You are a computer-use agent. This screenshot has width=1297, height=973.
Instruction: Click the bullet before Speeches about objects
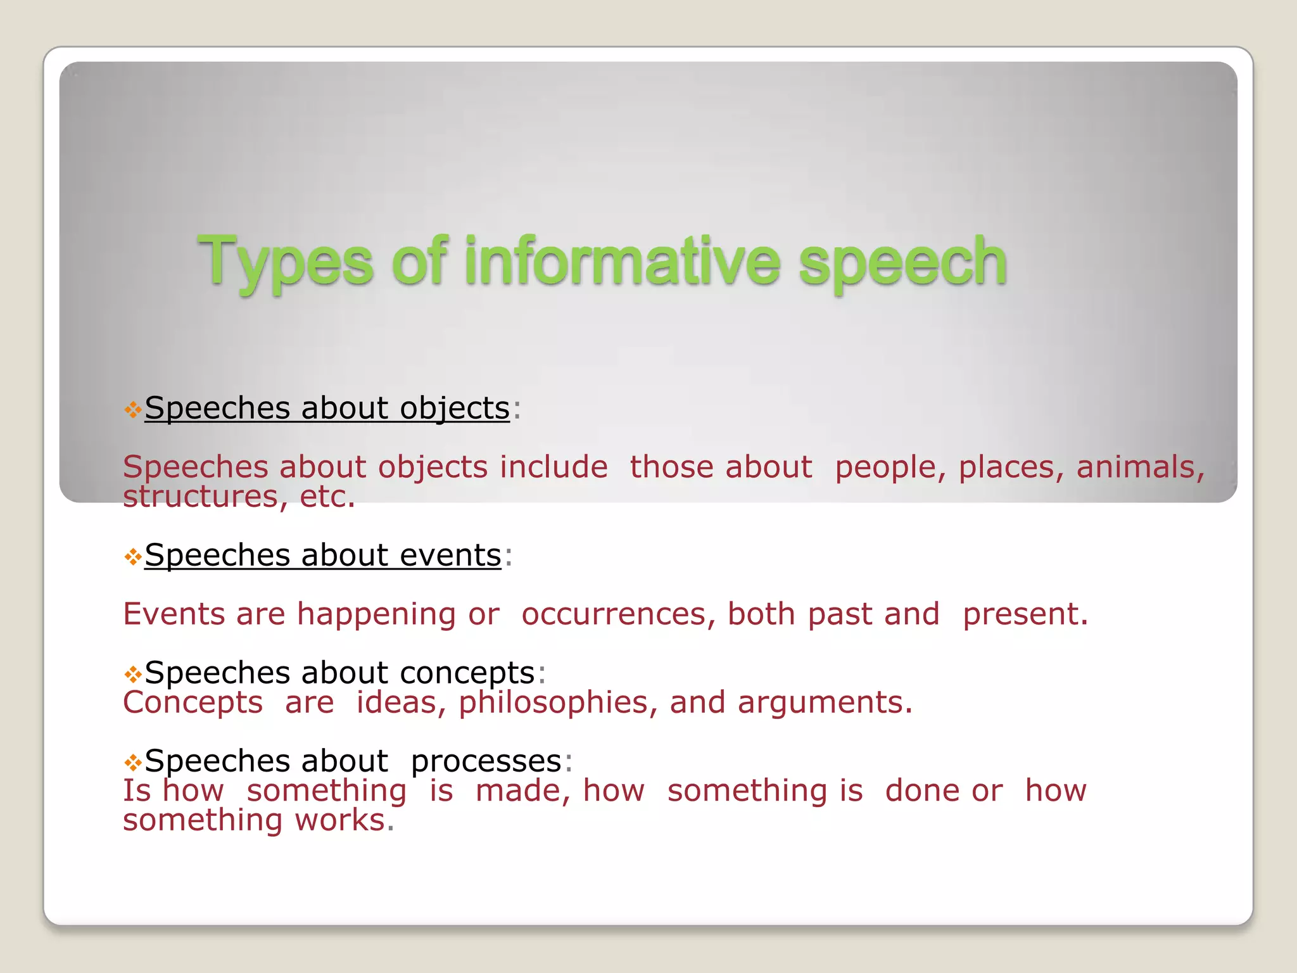[x=132, y=410]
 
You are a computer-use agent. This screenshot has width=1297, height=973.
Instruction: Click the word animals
[x=1140, y=467]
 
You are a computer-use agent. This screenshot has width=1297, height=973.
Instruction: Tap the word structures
[x=200, y=497]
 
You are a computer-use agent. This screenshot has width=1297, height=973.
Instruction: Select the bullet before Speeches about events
[x=132, y=557]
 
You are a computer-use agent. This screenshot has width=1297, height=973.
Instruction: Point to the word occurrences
[x=613, y=614]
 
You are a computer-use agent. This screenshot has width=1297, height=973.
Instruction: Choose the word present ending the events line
[x=1024, y=615]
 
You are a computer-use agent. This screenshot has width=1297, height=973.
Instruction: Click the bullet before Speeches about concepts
[x=132, y=674]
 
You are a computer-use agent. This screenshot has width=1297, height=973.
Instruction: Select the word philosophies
[x=554, y=703]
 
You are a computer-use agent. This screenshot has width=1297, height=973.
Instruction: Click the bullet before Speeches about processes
[x=132, y=762]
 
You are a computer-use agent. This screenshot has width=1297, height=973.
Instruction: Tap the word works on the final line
[x=340, y=820]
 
